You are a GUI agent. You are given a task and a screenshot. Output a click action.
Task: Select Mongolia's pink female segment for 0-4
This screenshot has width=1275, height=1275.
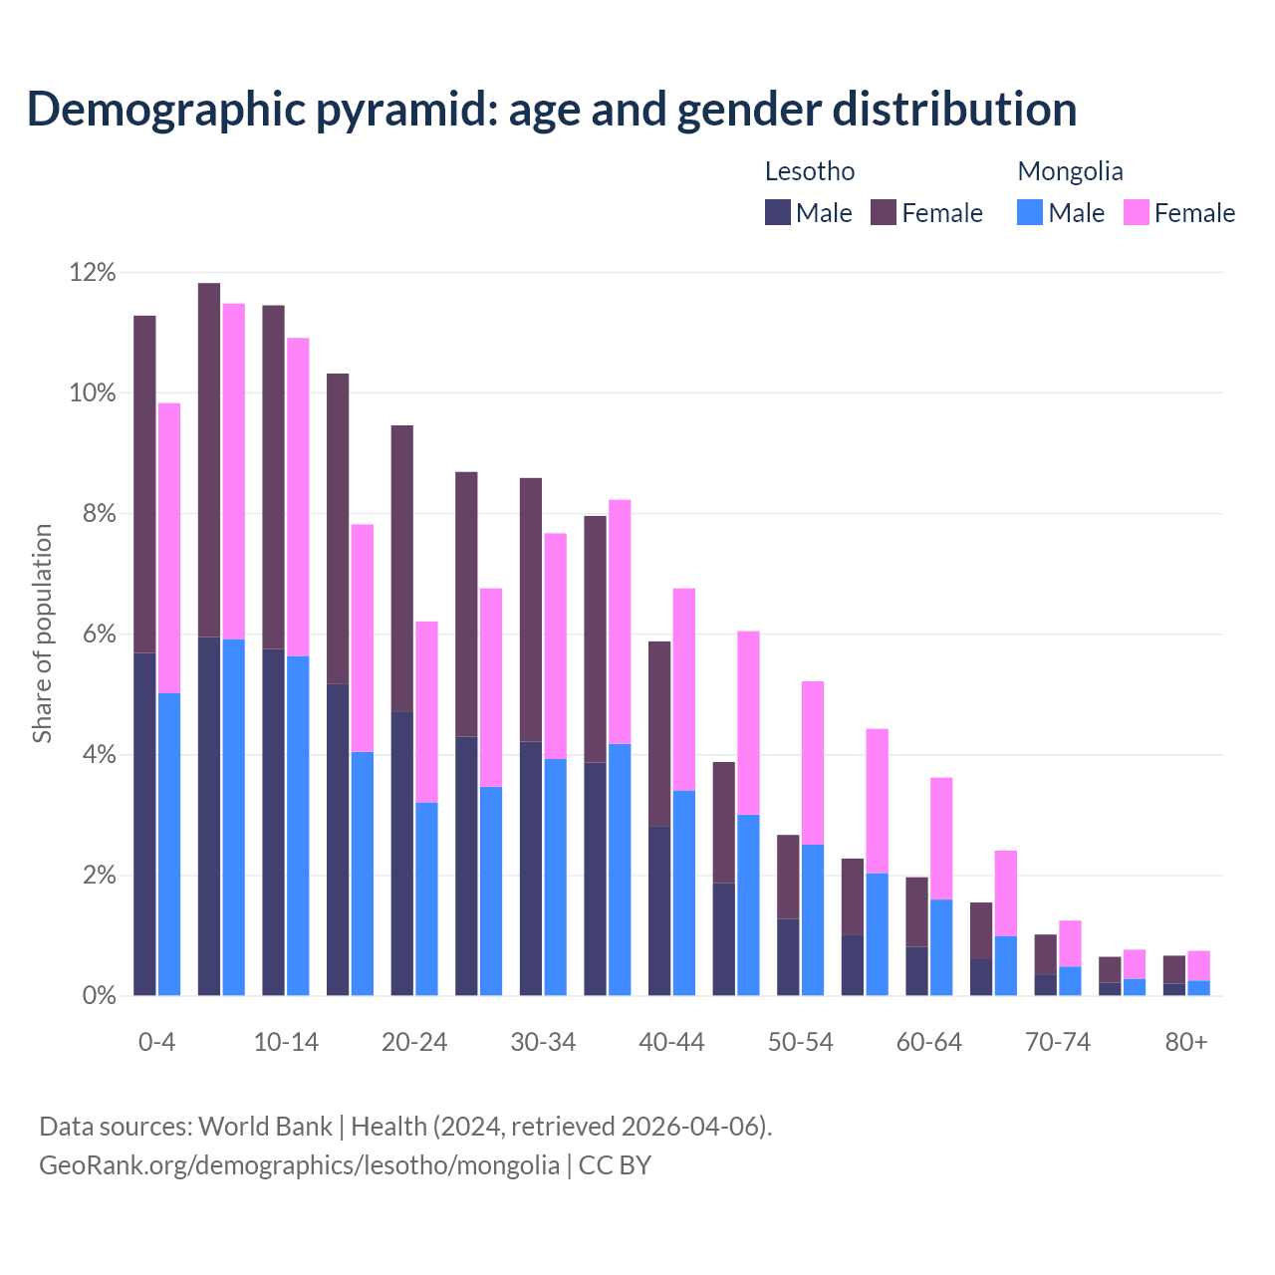169,548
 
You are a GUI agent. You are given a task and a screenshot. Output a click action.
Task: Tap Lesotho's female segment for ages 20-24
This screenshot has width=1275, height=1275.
402,568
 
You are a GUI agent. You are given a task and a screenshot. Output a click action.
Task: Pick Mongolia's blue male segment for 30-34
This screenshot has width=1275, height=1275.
555,877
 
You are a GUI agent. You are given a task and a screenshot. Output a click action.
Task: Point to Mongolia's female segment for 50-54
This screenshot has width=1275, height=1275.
813,762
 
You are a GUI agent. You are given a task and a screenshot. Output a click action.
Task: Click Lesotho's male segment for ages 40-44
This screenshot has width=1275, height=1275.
659,910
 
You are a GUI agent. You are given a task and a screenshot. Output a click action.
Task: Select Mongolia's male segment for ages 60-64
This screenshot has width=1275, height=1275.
941,947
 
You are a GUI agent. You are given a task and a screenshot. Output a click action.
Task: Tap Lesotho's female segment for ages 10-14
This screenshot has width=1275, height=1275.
273,477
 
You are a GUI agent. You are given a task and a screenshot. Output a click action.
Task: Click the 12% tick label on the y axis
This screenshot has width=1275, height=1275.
93,272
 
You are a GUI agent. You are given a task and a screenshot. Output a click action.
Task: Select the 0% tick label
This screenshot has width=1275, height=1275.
99,996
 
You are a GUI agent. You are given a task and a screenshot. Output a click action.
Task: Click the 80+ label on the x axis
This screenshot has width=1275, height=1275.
1186,1042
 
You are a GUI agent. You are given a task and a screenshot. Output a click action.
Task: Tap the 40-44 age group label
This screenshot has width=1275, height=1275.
671,1042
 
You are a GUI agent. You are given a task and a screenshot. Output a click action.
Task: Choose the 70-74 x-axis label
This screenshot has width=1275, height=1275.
1058,1042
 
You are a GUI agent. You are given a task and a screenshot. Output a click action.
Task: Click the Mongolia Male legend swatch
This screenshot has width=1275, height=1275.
1030,212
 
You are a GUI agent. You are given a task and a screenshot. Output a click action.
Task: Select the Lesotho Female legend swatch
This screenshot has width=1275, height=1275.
884,212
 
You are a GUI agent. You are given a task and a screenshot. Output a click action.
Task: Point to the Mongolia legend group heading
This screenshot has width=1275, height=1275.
1070,171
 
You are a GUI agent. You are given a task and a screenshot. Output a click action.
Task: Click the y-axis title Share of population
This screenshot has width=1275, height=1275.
43,634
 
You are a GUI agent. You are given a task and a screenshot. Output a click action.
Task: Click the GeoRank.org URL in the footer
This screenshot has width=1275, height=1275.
299,1164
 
